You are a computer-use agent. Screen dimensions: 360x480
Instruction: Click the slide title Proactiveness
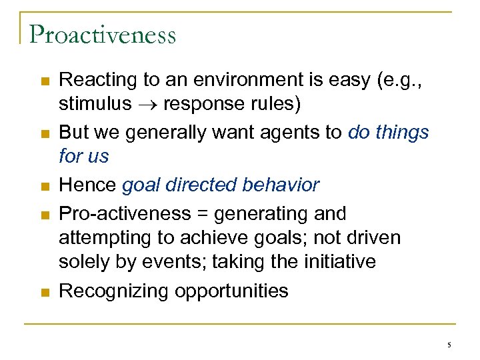pyautogui.click(x=103, y=34)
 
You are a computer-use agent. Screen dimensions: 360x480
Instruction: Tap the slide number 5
pyautogui.click(x=449, y=345)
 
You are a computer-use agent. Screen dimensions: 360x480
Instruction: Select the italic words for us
pyautogui.click(x=83, y=157)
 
